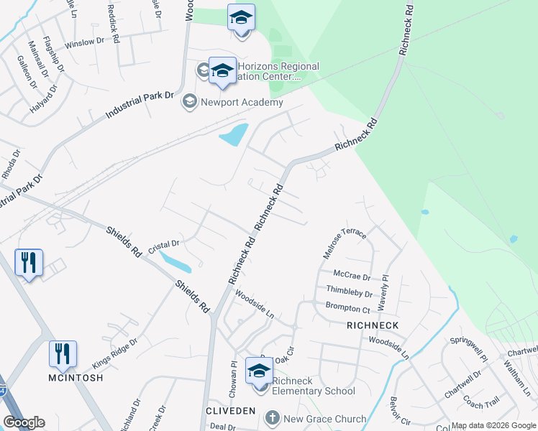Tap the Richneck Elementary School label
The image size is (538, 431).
coord(314,391)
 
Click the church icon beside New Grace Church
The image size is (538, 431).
coord(272,418)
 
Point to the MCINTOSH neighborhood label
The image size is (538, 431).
coord(76,378)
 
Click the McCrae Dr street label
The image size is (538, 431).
coord(352,276)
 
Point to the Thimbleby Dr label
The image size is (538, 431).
coord(349,293)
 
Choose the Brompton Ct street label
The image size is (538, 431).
coord(347,309)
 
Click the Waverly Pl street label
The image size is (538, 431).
coord(383,287)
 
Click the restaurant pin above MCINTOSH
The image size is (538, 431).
coord(63,354)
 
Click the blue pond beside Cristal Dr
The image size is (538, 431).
coord(175,261)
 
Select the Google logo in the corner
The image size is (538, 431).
coord(24,422)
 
